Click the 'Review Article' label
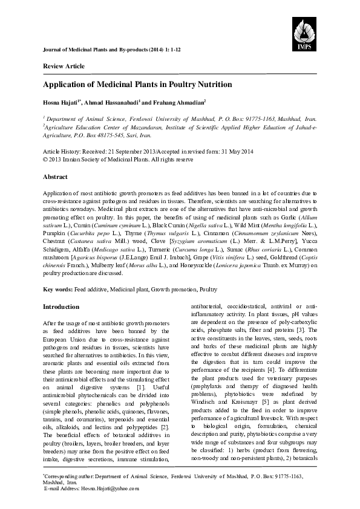(x=64, y=66)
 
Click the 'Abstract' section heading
(x=55, y=178)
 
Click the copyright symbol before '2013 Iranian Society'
(x=45, y=160)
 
